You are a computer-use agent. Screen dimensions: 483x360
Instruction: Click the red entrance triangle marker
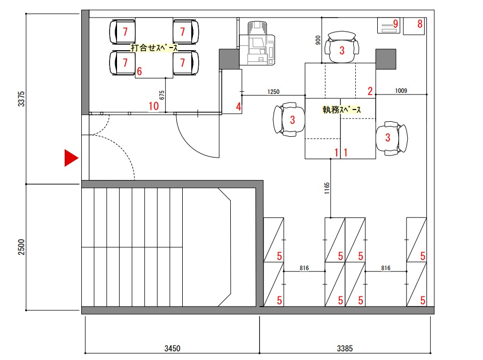tap(71, 158)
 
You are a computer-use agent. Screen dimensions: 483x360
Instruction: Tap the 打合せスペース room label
tap(154, 48)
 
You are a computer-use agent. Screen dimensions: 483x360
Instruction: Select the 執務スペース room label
tap(341, 109)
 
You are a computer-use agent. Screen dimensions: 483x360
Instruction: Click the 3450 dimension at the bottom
tap(172, 348)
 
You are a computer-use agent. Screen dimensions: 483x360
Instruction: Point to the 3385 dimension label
tap(345, 348)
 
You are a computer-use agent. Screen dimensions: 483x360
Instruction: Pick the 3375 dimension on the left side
tap(21, 99)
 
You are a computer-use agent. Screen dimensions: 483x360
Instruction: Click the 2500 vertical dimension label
tap(21, 247)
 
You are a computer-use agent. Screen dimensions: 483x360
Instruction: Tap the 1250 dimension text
tap(273, 92)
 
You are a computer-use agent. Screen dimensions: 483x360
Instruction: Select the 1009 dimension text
tap(401, 91)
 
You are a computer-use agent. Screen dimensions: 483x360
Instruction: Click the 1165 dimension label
tap(327, 188)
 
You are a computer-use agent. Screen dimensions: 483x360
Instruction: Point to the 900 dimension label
tap(318, 40)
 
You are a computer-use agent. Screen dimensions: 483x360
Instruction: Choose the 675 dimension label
tap(162, 95)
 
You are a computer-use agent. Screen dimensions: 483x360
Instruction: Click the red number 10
tap(154, 106)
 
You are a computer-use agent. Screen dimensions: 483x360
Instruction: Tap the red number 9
tap(395, 24)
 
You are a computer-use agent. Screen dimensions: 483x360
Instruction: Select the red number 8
tap(420, 24)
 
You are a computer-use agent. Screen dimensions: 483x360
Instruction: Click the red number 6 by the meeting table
tap(139, 72)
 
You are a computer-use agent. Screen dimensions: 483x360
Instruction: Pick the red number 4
tap(238, 106)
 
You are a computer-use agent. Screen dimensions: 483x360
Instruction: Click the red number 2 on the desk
tap(370, 91)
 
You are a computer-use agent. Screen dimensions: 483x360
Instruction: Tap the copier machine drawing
tap(257, 43)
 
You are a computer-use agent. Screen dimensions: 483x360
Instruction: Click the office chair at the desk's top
tap(341, 47)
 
